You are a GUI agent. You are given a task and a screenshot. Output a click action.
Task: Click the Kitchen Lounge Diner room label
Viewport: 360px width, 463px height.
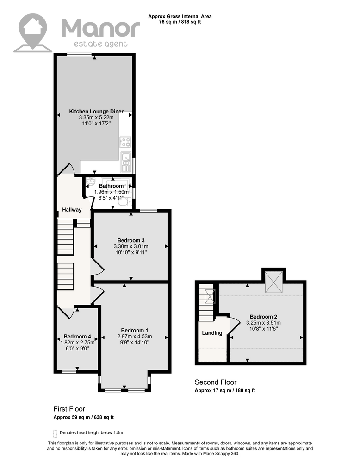[x=96, y=111]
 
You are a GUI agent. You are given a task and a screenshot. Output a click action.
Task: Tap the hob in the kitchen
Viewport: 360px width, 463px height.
[x=125, y=142]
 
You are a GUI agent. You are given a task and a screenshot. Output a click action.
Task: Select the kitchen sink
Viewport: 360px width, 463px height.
[x=126, y=162]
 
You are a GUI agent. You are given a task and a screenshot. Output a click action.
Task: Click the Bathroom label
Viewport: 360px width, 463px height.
[x=111, y=186]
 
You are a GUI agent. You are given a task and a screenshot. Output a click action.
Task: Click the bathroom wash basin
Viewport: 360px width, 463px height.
[x=91, y=182]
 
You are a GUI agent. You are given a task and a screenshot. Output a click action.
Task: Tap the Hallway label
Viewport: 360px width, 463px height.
[x=72, y=210]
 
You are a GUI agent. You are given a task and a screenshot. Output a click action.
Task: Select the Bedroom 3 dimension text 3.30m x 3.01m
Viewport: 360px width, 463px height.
[x=131, y=246]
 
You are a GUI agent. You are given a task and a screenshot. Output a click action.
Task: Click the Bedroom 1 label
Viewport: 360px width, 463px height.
[x=135, y=330]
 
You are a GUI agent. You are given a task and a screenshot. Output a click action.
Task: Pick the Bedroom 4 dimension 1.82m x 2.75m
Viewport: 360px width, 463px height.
[x=77, y=343]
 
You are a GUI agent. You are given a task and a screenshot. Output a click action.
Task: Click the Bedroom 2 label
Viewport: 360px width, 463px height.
[x=263, y=317]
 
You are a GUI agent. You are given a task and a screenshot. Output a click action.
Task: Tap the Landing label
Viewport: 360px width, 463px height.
[x=212, y=333]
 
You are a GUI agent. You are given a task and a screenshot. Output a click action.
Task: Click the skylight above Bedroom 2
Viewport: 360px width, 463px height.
[x=274, y=282]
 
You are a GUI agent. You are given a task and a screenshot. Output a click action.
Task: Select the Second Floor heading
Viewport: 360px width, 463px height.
[x=216, y=382]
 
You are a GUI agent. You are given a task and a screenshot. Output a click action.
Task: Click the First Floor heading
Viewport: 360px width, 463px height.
[x=69, y=409]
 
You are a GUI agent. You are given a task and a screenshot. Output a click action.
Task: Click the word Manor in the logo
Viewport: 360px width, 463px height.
[x=100, y=28]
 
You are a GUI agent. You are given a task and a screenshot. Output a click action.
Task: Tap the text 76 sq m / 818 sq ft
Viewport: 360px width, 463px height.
[x=180, y=22]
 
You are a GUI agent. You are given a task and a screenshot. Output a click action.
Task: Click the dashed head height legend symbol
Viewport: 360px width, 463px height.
[x=55, y=433]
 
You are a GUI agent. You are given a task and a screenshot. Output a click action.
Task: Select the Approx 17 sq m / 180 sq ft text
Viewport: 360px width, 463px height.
[x=225, y=390]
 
